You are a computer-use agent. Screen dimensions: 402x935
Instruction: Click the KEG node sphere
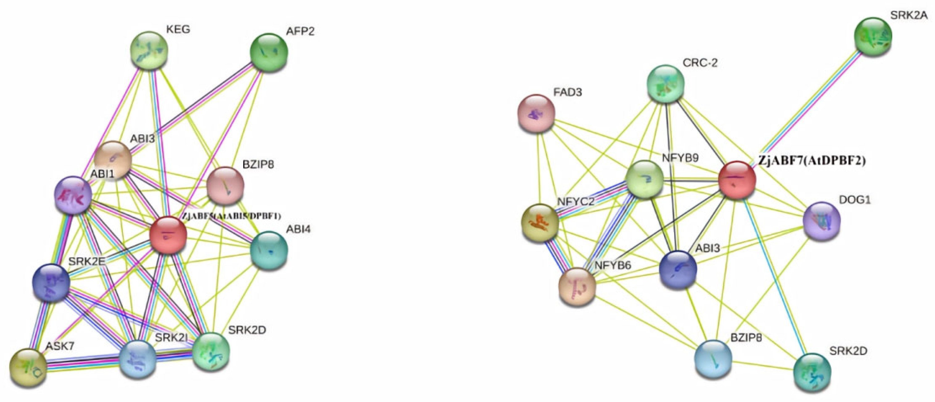point(149,50)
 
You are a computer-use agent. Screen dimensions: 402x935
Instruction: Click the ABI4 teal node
point(269,250)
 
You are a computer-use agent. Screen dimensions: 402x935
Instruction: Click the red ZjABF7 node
point(737,180)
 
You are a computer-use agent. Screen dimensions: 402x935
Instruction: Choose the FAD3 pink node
point(536,113)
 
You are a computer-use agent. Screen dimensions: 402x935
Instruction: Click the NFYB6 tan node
point(577,286)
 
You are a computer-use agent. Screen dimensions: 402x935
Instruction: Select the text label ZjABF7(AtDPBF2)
point(812,161)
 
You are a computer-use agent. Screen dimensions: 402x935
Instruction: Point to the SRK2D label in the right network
point(848,351)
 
